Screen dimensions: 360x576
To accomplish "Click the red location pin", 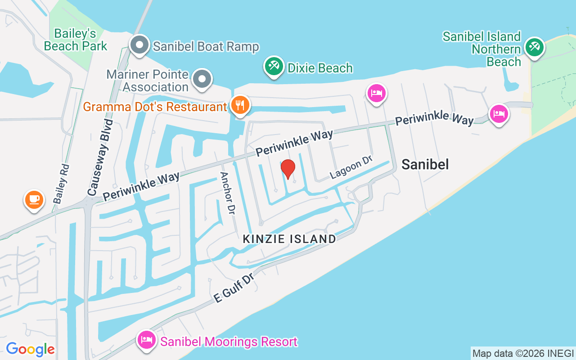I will (x=288, y=168).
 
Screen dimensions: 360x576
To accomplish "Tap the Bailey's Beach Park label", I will (x=76, y=40).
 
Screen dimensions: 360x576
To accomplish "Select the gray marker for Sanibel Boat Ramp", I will (x=139, y=45).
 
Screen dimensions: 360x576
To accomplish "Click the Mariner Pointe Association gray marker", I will (x=202, y=80).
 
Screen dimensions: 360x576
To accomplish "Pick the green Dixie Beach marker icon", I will (x=273, y=67).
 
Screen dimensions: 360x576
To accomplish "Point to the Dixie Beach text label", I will (x=320, y=68).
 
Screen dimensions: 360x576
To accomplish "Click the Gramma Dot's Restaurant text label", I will (x=155, y=107).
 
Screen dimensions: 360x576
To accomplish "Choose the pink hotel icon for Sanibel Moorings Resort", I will (x=146, y=340).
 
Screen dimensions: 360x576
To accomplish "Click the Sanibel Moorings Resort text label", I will (x=229, y=342).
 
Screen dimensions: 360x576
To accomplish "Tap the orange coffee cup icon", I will (x=34, y=199).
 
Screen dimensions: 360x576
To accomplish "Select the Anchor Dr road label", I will (x=227, y=193).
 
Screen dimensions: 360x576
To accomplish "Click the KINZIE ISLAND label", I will (x=289, y=239).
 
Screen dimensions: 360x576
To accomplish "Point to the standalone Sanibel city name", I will (x=425, y=164).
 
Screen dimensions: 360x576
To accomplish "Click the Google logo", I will (x=30, y=349).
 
